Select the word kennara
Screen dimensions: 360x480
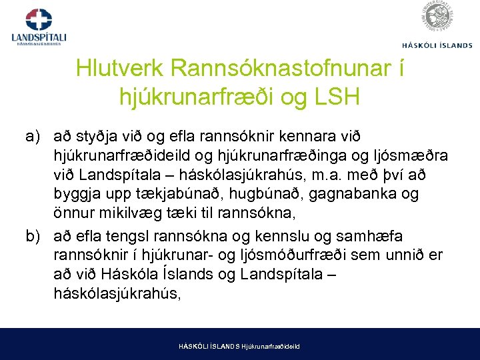297,137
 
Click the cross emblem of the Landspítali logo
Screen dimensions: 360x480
39,19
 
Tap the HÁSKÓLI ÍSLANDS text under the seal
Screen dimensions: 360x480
437,45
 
